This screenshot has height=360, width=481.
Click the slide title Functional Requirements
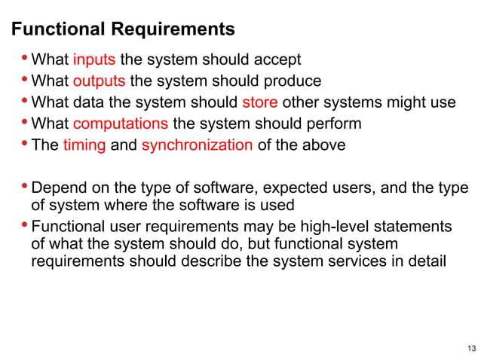(124, 29)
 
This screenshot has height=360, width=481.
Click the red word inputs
(94, 59)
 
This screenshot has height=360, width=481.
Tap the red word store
(260, 102)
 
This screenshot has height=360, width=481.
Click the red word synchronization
(197, 145)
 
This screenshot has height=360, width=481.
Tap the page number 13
(471, 347)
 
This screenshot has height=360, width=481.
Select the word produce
(293, 81)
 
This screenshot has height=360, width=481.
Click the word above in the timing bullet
(325, 145)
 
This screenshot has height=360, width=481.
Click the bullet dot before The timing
(25, 144)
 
